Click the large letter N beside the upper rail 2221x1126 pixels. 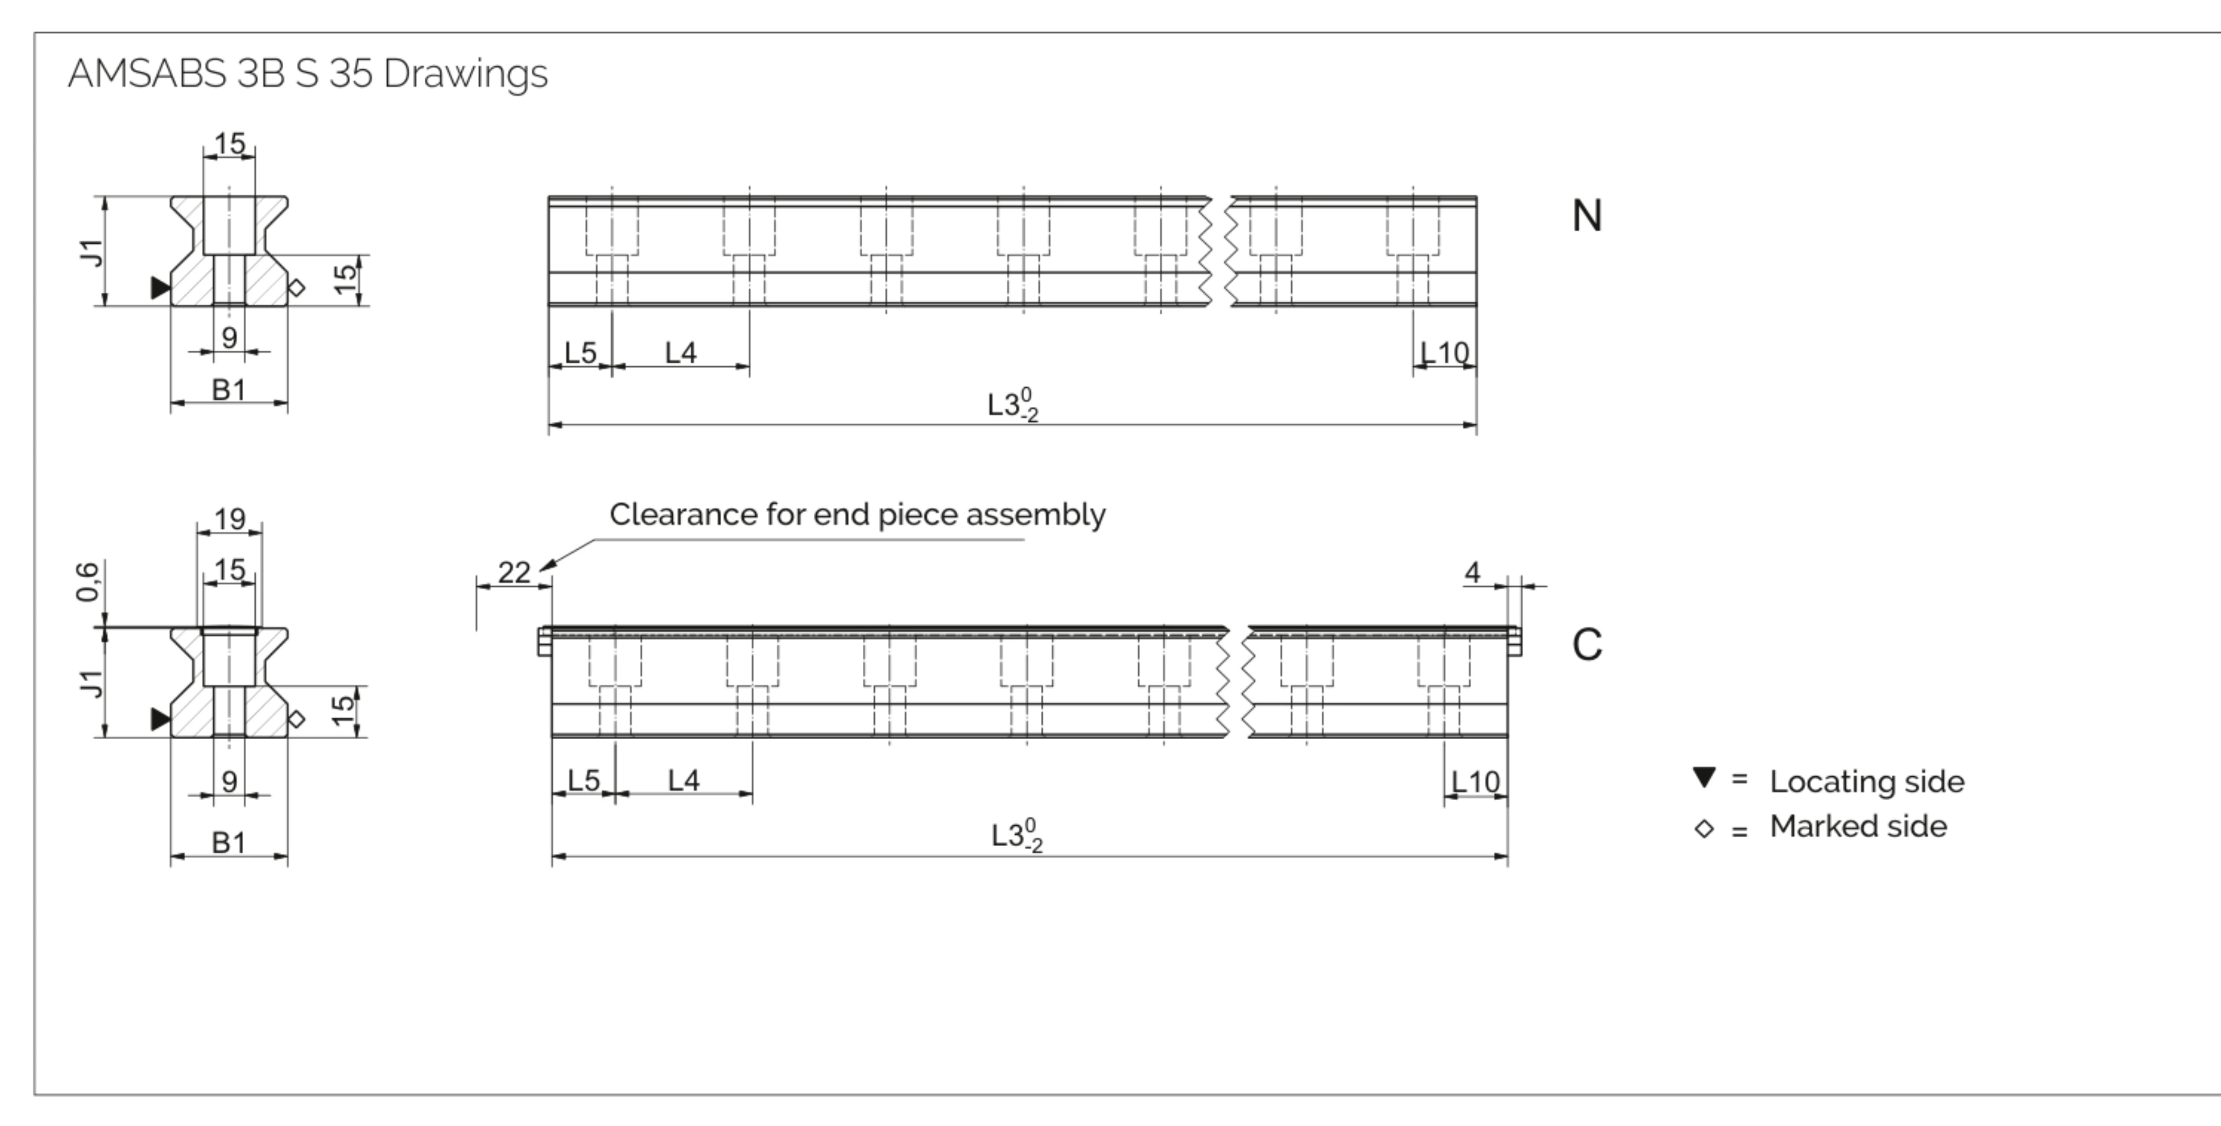[x=1586, y=216]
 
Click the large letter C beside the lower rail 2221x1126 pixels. [x=1586, y=645]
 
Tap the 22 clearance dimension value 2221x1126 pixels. [x=515, y=573]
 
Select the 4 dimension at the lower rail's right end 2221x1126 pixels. [x=1473, y=573]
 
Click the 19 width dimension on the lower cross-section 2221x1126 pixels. [x=229, y=519]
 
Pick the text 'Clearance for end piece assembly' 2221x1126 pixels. [x=857, y=515]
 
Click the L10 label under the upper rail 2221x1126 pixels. [x=1445, y=353]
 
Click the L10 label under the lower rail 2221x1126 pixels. [x=1476, y=781]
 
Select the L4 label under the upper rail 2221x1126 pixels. [x=681, y=353]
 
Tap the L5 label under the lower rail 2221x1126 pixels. [x=584, y=780]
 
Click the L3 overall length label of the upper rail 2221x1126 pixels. [x=1013, y=404]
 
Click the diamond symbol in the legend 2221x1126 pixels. [x=1704, y=829]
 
